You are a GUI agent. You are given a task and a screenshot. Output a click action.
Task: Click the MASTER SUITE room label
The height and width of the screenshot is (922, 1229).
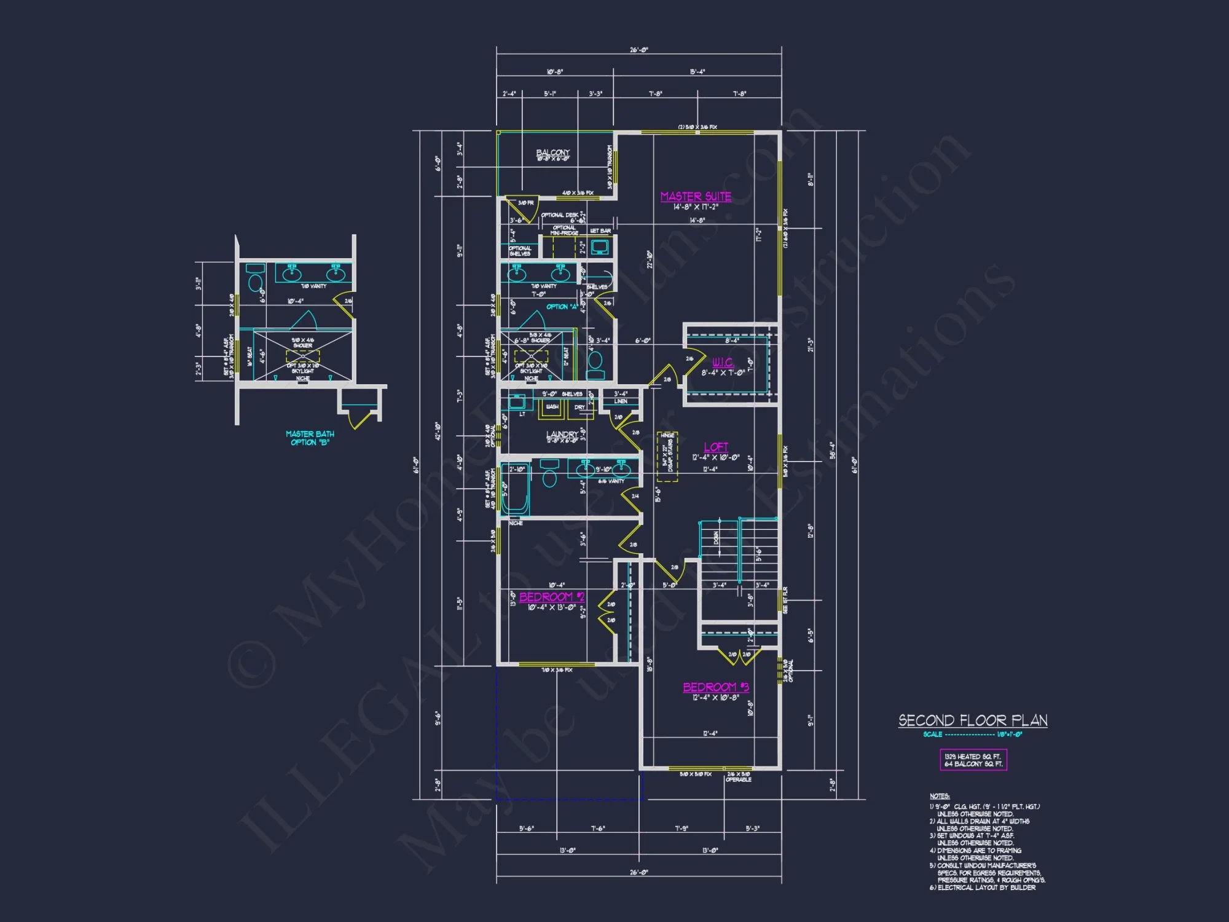click(696, 197)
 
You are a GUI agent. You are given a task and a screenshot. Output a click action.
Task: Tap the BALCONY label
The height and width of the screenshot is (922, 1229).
click(552, 152)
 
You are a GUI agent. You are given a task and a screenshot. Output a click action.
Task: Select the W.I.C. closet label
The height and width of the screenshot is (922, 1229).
click(723, 363)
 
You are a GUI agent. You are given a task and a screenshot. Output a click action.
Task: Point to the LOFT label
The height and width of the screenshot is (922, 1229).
click(716, 447)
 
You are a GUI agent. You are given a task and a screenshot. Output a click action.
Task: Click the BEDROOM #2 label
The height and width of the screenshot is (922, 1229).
click(551, 597)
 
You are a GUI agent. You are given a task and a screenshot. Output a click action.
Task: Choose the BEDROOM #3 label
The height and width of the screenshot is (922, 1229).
click(716, 687)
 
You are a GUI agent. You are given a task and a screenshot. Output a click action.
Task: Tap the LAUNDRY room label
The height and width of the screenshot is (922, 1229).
click(562, 435)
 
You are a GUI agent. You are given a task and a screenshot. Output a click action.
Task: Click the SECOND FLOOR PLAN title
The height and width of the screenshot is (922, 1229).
click(973, 720)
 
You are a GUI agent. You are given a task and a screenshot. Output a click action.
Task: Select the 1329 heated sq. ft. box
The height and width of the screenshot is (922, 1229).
click(973, 760)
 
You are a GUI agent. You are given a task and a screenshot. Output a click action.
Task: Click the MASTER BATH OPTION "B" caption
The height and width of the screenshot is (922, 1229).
click(310, 438)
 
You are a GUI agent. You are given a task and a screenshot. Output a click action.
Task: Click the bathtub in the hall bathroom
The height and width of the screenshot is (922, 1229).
click(515, 489)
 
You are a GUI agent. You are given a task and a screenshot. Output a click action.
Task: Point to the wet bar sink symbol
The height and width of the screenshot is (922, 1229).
click(599, 247)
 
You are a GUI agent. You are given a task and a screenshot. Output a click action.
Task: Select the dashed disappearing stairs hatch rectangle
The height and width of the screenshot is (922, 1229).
click(667, 457)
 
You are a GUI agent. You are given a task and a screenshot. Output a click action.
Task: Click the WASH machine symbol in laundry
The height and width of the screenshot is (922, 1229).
click(552, 408)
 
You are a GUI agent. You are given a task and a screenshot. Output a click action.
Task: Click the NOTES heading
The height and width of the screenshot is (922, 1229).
click(939, 796)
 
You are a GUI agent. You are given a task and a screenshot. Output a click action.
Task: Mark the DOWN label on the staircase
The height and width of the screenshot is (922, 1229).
click(716, 538)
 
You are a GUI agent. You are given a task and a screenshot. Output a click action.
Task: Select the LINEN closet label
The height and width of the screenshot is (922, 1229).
click(621, 401)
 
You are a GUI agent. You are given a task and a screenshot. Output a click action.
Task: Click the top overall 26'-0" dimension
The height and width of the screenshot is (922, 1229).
click(638, 50)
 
